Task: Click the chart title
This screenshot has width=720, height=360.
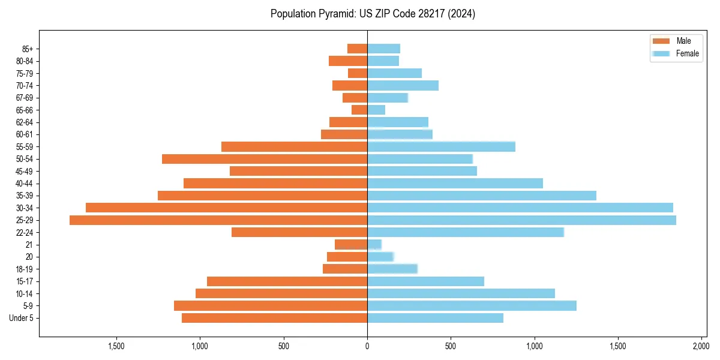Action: click(373, 14)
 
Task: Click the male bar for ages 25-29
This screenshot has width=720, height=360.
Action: click(218, 220)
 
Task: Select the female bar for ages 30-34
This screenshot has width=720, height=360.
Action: click(520, 208)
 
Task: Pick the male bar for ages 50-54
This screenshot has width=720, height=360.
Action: click(265, 159)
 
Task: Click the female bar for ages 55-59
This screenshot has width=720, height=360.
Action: click(441, 146)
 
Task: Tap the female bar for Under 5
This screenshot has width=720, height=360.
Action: click(435, 318)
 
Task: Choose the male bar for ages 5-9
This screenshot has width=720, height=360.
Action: click(271, 305)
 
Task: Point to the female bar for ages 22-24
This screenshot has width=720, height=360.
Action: click(466, 232)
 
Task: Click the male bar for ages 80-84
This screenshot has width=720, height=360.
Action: click(348, 61)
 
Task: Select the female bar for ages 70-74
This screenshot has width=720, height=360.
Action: click(403, 85)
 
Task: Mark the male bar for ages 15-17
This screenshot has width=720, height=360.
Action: click(287, 281)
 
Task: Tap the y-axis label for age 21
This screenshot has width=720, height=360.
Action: click(29, 245)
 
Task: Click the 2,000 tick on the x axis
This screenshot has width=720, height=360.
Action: click(701, 346)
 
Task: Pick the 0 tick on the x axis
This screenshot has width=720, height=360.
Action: click(367, 346)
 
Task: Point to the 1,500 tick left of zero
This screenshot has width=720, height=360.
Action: click(116, 346)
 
